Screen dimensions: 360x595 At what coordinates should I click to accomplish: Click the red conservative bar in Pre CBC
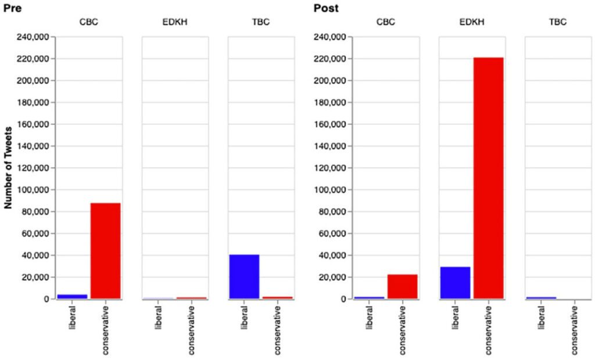106,251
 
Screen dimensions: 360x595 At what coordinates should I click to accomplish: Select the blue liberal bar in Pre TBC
244,277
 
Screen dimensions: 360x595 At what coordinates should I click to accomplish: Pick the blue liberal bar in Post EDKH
455,283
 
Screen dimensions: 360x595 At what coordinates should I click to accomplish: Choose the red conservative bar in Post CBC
403,287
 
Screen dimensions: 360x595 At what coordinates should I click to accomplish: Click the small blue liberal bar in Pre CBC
72,297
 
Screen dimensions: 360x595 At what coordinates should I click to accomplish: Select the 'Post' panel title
326,8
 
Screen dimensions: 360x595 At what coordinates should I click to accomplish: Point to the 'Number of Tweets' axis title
9,168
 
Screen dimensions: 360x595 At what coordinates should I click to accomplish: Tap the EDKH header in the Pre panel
175,23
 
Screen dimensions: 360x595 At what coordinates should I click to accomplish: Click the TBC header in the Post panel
557,23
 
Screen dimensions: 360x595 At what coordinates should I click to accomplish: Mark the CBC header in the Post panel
386,23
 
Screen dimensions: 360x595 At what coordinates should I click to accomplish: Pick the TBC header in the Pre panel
260,23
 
